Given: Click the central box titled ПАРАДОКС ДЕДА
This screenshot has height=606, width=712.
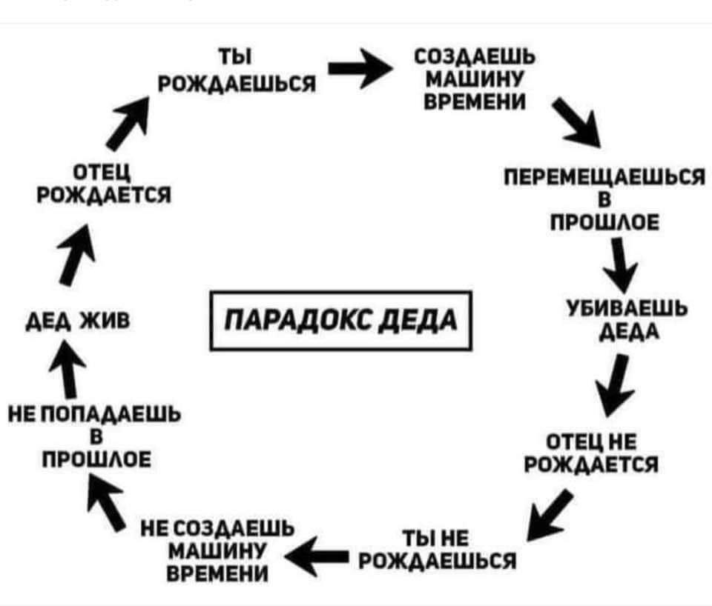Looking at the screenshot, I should [x=342, y=321].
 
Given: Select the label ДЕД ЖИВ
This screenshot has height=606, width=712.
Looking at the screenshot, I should [x=74, y=321].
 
